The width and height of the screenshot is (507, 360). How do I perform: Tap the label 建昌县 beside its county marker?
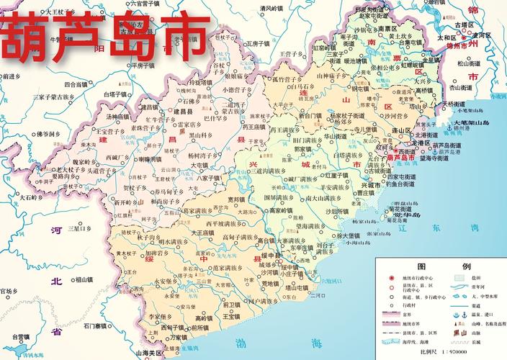[x=177, y=112]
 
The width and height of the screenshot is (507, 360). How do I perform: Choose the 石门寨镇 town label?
[x=97, y=325]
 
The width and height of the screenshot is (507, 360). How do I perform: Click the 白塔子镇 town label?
[x=117, y=94]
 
